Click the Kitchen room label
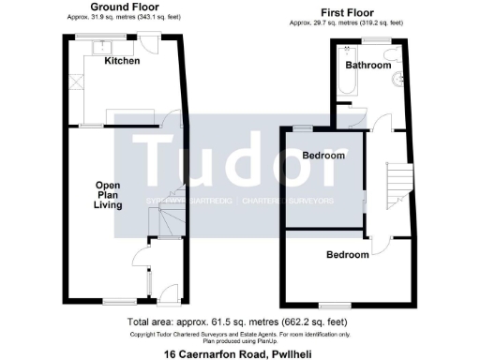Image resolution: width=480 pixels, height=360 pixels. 122,61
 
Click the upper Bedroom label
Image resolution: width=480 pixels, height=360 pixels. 322,156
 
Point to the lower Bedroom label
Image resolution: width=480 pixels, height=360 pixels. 347,255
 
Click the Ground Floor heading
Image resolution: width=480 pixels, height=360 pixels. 123,7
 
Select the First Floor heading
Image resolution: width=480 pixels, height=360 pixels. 368,12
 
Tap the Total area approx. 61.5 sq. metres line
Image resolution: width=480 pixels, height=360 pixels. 239,323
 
